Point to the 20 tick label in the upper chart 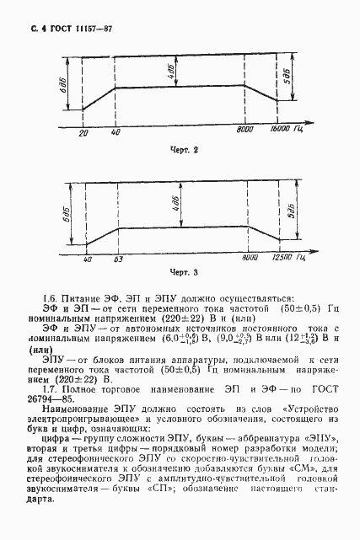83,133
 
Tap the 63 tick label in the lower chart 118,259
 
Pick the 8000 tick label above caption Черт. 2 245,132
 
